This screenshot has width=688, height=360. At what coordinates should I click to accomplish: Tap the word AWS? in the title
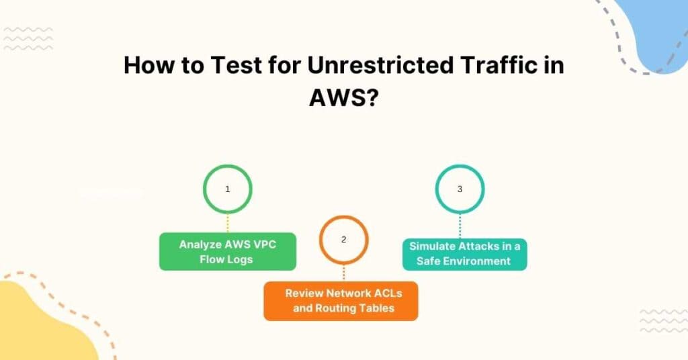(344, 98)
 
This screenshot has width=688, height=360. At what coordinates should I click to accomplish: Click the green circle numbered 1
(228, 189)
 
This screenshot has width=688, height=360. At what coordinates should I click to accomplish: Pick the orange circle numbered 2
(343, 239)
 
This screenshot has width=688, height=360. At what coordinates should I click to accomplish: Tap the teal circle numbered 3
(460, 189)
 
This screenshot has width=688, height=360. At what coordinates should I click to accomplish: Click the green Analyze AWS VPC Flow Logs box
(228, 252)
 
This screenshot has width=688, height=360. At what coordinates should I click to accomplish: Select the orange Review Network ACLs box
(341, 301)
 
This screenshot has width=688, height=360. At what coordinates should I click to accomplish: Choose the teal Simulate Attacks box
(465, 253)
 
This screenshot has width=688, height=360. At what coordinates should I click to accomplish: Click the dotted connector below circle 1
(228, 223)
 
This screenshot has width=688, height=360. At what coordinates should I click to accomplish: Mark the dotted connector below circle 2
(343, 272)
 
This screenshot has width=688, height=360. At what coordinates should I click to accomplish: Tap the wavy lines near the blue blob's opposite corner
(28, 39)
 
